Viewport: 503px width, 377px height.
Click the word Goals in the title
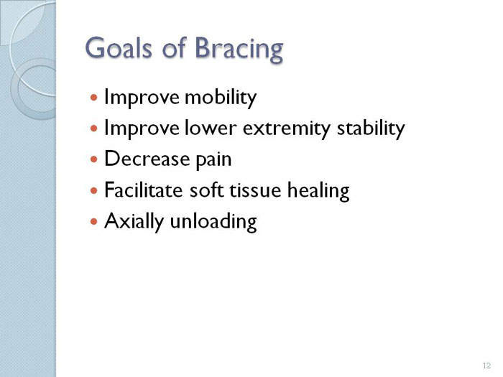[x=119, y=48]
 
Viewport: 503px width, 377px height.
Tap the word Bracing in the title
[x=239, y=50]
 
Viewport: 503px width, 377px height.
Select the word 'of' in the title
[x=174, y=47]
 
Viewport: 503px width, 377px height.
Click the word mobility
[x=221, y=97]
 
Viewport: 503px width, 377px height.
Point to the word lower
[x=211, y=128]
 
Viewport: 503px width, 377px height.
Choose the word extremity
[x=286, y=129]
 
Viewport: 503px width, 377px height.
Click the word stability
[x=371, y=129]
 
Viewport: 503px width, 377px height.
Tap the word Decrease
[x=147, y=159]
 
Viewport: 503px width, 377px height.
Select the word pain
[x=213, y=159]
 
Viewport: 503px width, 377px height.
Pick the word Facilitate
[x=144, y=190]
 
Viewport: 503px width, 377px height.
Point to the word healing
[x=318, y=191]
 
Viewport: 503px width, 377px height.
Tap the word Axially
[x=134, y=221]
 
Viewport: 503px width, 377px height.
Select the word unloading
[x=213, y=222]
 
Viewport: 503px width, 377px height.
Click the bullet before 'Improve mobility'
[x=93, y=97]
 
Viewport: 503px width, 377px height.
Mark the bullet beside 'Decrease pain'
[x=93, y=159]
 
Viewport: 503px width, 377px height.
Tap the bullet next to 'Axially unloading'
[x=93, y=221]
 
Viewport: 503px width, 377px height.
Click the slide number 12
[x=486, y=366]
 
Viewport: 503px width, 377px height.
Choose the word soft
[x=206, y=190]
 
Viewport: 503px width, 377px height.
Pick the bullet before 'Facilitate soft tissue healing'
[x=93, y=191]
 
